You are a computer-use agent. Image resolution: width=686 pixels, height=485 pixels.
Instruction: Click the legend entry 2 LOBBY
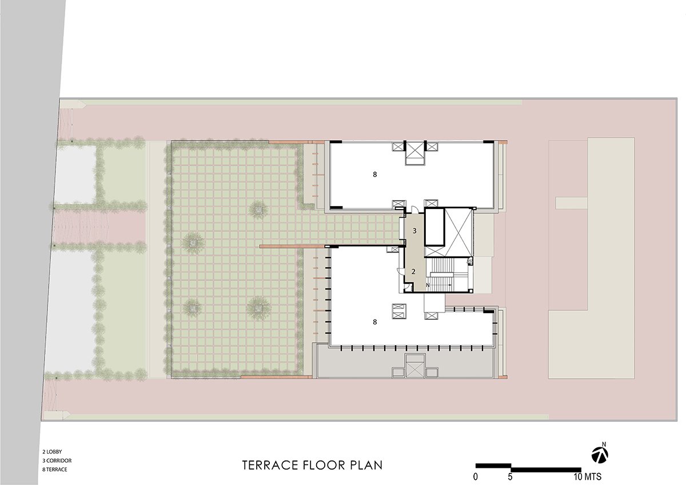pyautogui.click(x=52, y=452)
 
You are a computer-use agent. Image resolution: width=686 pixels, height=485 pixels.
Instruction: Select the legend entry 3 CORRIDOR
pyautogui.click(x=57, y=460)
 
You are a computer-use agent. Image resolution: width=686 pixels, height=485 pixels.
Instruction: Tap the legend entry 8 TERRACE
pyautogui.click(x=54, y=470)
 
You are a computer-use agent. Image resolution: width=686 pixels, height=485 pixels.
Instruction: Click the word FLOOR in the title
pyautogui.click(x=323, y=465)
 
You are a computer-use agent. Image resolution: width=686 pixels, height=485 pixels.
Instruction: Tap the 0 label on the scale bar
pyautogui.click(x=475, y=477)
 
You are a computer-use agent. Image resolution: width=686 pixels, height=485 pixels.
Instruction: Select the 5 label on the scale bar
pyautogui.click(x=510, y=477)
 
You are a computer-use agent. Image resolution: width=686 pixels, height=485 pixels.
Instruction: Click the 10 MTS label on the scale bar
pyautogui.click(x=588, y=477)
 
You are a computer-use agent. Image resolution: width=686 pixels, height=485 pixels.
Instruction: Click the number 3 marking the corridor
pyautogui.click(x=414, y=231)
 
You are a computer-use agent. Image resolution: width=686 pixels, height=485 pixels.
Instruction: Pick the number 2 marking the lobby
pyautogui.click(x=413, y=271)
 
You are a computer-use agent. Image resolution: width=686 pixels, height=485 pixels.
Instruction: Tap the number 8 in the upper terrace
pyautogui.click(x=375, y=174)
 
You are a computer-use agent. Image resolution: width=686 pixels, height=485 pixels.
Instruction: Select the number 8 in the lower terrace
pyautogui.click(x=375, y=322)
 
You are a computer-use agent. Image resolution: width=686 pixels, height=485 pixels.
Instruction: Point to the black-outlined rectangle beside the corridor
pyautogui.click(x=434, y=227)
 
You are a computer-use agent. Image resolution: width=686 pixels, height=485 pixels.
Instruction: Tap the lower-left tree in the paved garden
pyautogui.click(x=192, y=308)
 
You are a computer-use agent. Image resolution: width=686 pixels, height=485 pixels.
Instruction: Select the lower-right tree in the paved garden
pyautogui.click(x=259, y=308)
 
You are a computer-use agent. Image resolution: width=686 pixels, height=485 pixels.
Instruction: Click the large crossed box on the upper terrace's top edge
pyautogui.click(x=415, y=153)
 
